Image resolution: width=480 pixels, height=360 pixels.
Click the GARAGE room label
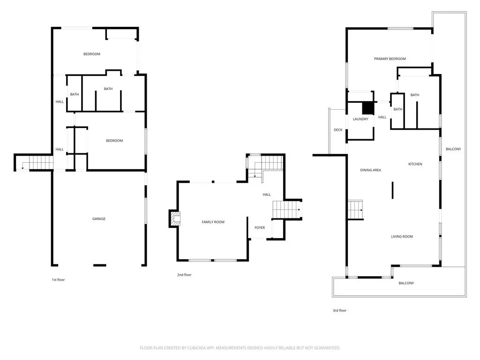[x=98, y=219]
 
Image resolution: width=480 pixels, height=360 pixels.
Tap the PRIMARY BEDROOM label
[x=390, y=59]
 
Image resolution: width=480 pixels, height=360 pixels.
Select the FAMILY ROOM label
[x=213, y=222]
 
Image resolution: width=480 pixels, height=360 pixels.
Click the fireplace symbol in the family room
[x=175, y=219]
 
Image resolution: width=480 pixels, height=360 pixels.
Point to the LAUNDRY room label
[x=360, y=120]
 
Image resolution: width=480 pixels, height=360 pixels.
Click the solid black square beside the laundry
[x=369, y=108]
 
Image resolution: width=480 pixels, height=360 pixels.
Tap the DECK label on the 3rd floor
[x=338, y=130]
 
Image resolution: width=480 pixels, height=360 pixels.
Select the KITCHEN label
[x=415, y=164]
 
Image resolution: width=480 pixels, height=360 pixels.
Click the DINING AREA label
[x=370, y=170]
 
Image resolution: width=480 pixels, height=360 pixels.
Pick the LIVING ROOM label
[x=402, y=237]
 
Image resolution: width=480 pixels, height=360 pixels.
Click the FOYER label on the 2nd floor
[x=260, y=228]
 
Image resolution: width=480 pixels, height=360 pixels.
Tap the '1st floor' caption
[x=58, y=280]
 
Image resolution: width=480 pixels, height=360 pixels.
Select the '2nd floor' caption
[x=184, y=275]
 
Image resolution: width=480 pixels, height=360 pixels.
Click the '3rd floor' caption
[x=339, y=310]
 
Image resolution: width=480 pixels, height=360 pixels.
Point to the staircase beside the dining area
[x=355, y=210]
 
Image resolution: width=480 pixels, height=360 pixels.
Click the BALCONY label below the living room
[x=406, y=283]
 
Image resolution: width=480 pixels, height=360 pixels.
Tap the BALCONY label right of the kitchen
[x=453, y=150]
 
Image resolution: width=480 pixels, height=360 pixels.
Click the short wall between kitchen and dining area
[x=392, y=191]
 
